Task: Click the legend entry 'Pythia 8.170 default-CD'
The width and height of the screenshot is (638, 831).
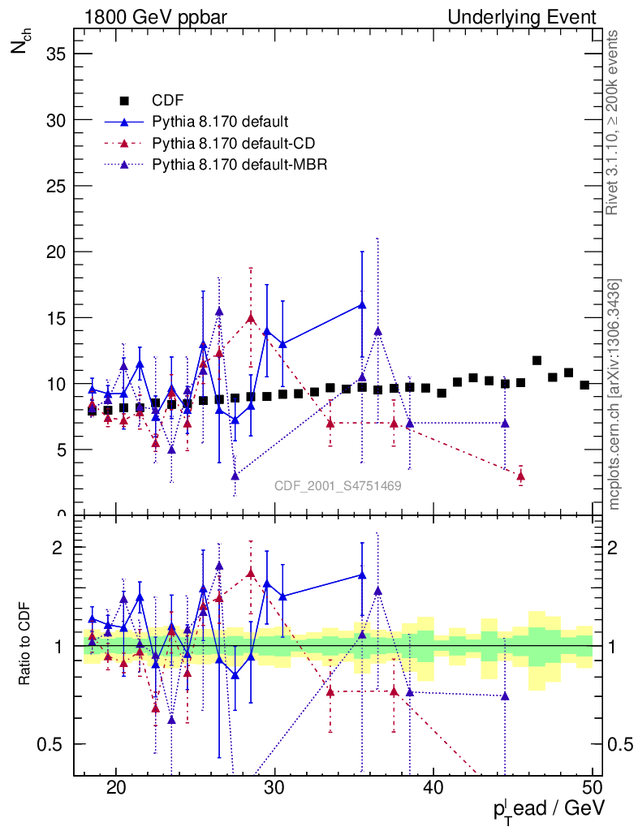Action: (233, 144)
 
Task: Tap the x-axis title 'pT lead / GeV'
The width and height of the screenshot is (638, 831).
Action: (549, 809)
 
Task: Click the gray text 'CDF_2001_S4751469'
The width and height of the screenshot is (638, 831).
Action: (338, 485)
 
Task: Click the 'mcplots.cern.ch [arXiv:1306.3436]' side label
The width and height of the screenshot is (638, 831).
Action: (614, 394)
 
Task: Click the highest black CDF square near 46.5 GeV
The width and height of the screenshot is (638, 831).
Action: (537, 360)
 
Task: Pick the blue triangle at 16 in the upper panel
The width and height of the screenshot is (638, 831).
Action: (362, 305)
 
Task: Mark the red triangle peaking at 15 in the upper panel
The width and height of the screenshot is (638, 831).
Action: (251, 318)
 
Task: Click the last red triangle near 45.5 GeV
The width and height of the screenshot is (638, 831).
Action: (520, 476)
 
